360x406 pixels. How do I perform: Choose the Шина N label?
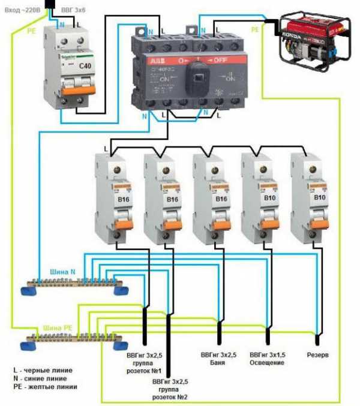[x=62, y=272]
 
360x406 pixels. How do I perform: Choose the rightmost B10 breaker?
[x=310, y=198]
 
